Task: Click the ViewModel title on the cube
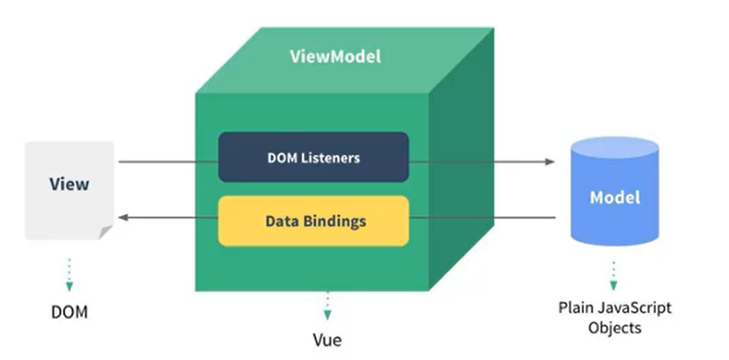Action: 335,56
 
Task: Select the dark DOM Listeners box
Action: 313,158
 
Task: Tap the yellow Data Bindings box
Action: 313,220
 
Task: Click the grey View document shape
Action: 70,189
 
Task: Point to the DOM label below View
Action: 70,315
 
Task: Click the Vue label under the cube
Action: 327,340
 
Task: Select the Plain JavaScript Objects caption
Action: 614,317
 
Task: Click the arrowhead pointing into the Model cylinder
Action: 550,162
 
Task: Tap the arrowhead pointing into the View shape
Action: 124,217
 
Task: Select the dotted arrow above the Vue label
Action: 327,305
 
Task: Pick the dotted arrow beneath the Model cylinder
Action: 613,274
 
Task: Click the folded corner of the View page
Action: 106,233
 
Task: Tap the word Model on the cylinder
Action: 614,197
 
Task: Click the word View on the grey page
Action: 69,184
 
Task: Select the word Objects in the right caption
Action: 614,327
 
